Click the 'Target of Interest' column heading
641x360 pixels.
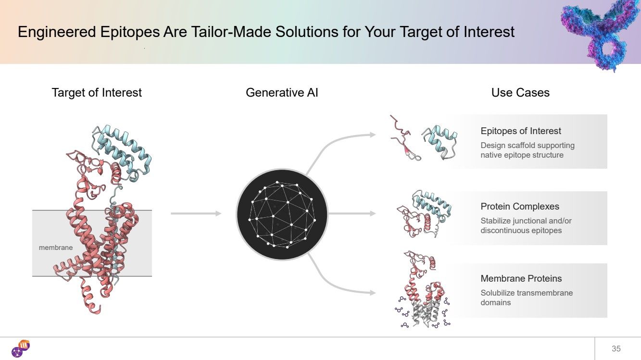97,92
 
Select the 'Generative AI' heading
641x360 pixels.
282,92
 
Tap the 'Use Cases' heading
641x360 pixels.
520,92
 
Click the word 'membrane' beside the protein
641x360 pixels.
56,248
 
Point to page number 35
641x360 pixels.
616,348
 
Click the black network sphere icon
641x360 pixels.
282,214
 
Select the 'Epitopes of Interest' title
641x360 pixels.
521,131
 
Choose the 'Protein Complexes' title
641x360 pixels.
520,206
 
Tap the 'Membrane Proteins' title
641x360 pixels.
521,278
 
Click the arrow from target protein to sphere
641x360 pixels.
196,213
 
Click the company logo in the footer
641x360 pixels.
21,348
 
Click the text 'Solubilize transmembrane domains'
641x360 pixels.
527,298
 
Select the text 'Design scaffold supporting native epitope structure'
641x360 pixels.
528,150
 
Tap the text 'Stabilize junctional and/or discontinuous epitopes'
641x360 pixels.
526,225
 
